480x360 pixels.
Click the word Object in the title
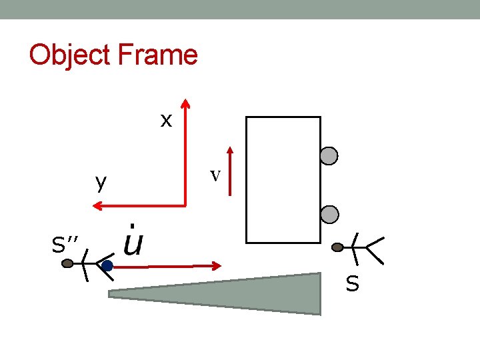pos(71,55)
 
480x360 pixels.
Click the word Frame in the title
pos(158,55)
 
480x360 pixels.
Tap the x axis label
pos(166,120)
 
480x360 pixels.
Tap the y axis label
pos(101,182)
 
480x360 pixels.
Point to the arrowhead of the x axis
pos(185,105)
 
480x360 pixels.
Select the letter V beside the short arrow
pos(215,175)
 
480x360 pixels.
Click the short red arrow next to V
pos(229,172)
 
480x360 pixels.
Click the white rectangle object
pos(283,179)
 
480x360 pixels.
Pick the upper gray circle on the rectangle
pos(329,156)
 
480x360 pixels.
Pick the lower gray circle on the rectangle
pos(329,214)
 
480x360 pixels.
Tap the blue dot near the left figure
pos(107,266)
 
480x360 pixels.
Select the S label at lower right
pos(352,285)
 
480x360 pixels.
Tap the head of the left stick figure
pos(67,263)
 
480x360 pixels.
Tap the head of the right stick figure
pos(338,247)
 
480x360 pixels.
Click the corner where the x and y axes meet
pos(185,206)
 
